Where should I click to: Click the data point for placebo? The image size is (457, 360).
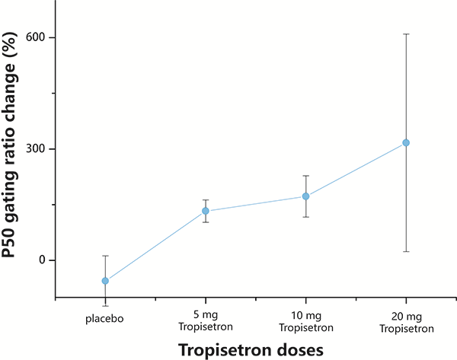(x=105, y=281)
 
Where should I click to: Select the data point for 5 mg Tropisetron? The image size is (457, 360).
(x=206, y=211)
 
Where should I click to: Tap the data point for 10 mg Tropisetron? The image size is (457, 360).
(x=305, y=196)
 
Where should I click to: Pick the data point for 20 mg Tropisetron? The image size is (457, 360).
(x=406, y=143)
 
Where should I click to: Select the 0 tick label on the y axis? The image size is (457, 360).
(x=42, y=260)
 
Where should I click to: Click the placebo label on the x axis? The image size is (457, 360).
(x=104, y=319)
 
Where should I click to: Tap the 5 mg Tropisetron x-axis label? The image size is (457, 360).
(x=206, y=321)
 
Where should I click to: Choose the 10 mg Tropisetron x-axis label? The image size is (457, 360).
(x=306, y=321)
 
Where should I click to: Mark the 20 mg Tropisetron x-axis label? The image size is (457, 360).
(x=406, y=323)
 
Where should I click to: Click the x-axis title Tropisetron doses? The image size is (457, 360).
(x=251, y=350)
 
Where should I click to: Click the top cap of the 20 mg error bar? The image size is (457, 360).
(x=406, y=34)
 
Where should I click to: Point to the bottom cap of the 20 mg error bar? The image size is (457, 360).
(x=406, y=251)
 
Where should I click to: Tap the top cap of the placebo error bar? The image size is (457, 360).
(x=105, y=256)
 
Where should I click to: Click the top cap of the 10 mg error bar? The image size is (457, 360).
(x=305, y=176)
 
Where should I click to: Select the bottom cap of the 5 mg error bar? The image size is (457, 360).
(x=206, y=222)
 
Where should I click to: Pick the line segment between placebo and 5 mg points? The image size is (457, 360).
(x=155, y=246)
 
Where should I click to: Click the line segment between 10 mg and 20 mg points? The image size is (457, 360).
(x=356, y=170)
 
